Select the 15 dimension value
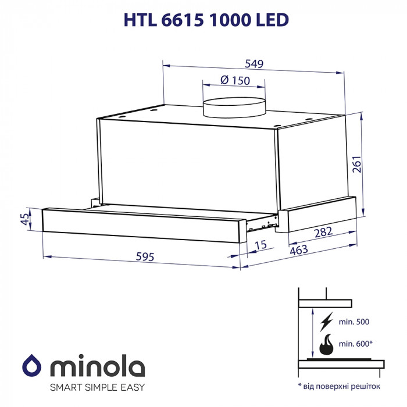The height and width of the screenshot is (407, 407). point(260,245)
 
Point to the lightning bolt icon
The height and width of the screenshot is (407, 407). point(327,322)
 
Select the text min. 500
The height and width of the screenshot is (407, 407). point(355,322)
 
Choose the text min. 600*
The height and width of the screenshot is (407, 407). point(356,344)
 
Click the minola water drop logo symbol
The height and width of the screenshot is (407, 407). point(33,367)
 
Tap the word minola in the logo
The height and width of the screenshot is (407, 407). point(95,367)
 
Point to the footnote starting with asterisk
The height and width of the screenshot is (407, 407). point(338,385)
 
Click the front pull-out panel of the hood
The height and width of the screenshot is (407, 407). point(142,222)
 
